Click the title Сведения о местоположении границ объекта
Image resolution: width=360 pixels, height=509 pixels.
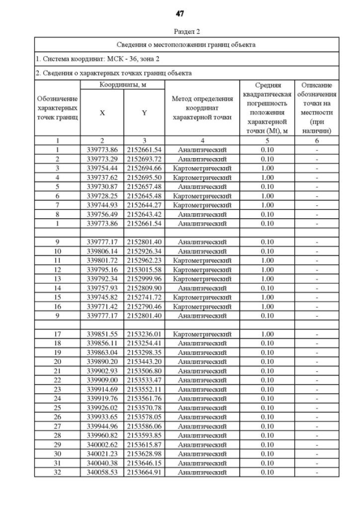click(x=186, y=44)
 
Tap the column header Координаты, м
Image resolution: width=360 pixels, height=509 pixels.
click(x=123, y=84)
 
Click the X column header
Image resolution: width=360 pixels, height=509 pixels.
click(x=102, y=112)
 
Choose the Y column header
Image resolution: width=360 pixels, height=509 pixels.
click(x=144, y=112)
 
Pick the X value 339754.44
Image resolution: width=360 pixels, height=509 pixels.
click(x=102, y=168)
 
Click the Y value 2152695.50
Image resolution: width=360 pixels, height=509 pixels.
click(x=144, y=177)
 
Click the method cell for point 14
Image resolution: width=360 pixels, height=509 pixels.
click(x=202, y=287)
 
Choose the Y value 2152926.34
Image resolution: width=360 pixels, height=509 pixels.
click(x=144, y=251)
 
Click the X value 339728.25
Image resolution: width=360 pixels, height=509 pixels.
click(x=102, y=196)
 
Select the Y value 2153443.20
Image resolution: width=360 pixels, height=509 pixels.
click(x=144, y=361)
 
